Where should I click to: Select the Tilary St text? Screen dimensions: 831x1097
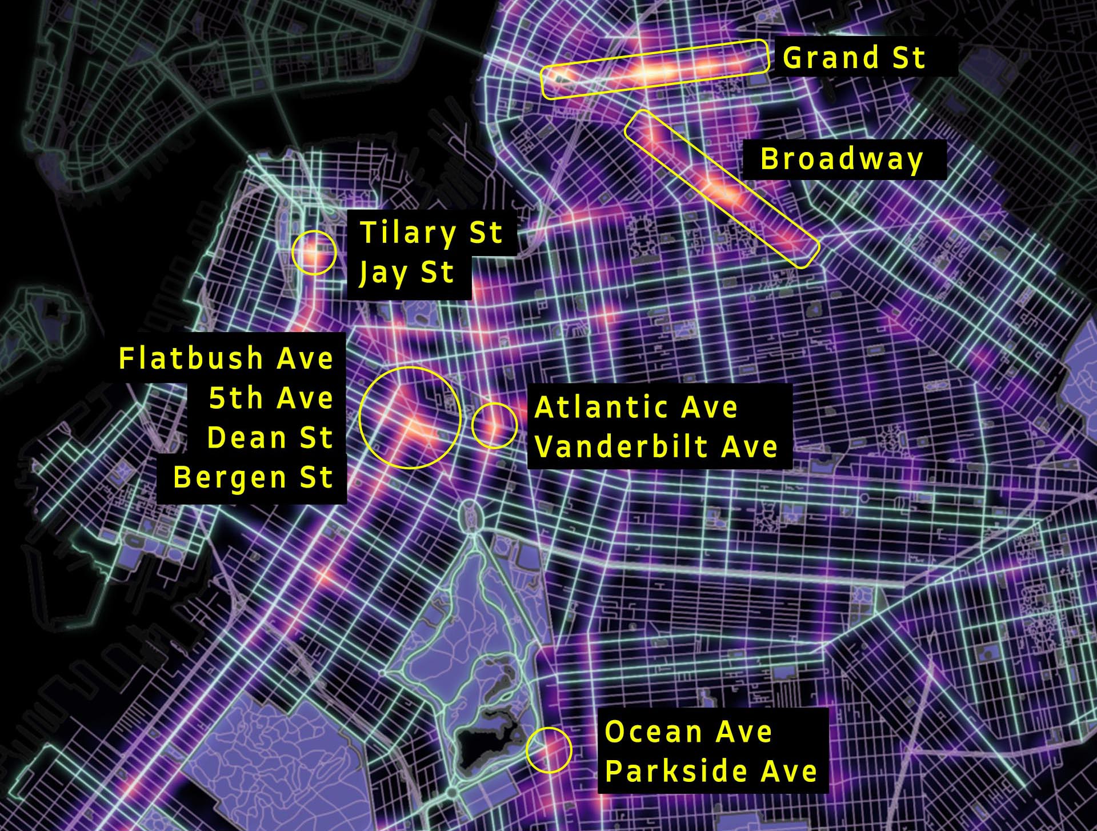pos(431,233)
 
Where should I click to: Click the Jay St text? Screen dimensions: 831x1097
pos(406,273)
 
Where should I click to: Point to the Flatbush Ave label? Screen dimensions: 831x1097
pos(226,359)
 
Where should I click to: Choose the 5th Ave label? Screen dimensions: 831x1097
pos(271,398)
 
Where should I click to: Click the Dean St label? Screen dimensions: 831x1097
pos(270,438)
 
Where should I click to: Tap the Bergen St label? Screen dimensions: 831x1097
pos(253,477)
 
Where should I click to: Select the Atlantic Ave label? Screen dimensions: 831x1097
pos(636,407)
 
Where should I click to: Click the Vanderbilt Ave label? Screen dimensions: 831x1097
pos(656,446)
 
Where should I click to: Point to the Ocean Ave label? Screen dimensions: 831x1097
pos(688,732)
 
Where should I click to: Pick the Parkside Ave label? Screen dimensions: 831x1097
pos(711,771)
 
